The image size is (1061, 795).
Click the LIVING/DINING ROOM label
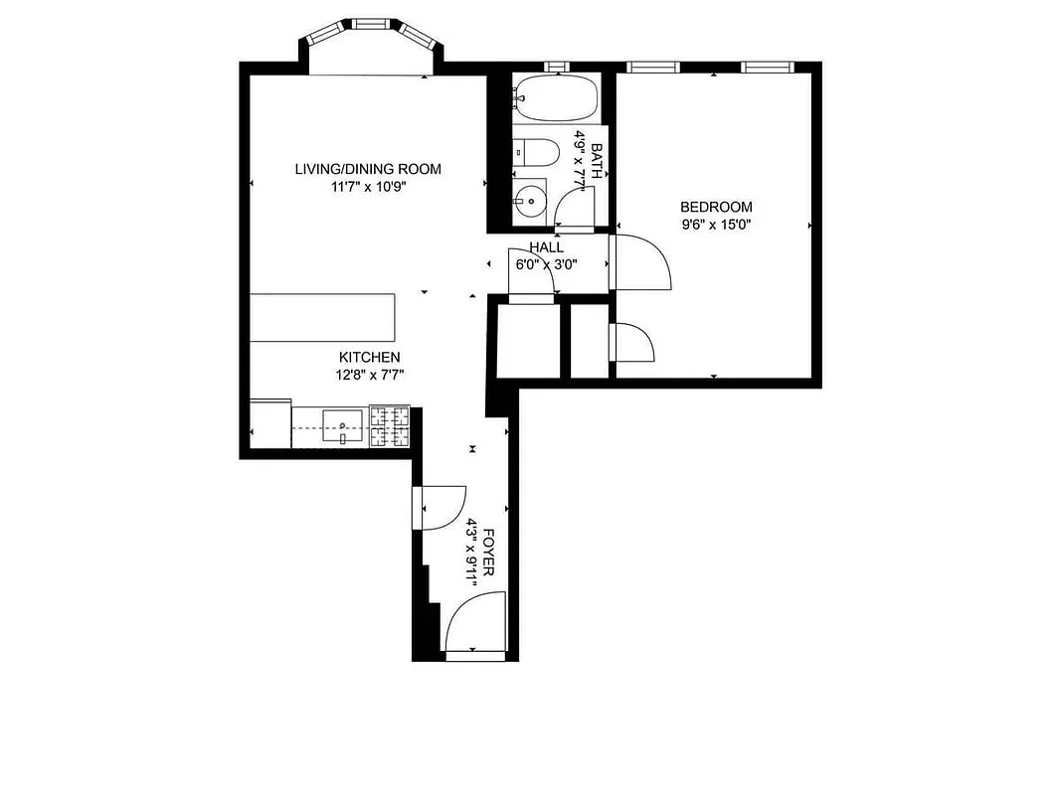click(x=367, y=169)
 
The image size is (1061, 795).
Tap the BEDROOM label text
click(x=716, y=207)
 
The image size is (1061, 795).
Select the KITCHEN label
click(x=370, y=358)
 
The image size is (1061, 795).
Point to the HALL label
click(x=546, y=247)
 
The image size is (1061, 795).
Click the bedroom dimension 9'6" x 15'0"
click(x=716, y=225)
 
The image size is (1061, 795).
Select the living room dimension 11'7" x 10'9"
click(x=367, y=186)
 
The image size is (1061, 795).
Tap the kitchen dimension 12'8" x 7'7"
click(x=370, y=375)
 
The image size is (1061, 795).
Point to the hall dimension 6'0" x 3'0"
click(x=546, y=264)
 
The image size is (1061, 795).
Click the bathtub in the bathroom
click(x=557, y=97)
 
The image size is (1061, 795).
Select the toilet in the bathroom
click(x=535, y=152)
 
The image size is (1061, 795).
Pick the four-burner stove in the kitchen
click(x=390, y=427)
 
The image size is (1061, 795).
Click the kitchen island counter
click(x=322, y=317)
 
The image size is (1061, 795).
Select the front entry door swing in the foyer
click(x=475, y=621)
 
